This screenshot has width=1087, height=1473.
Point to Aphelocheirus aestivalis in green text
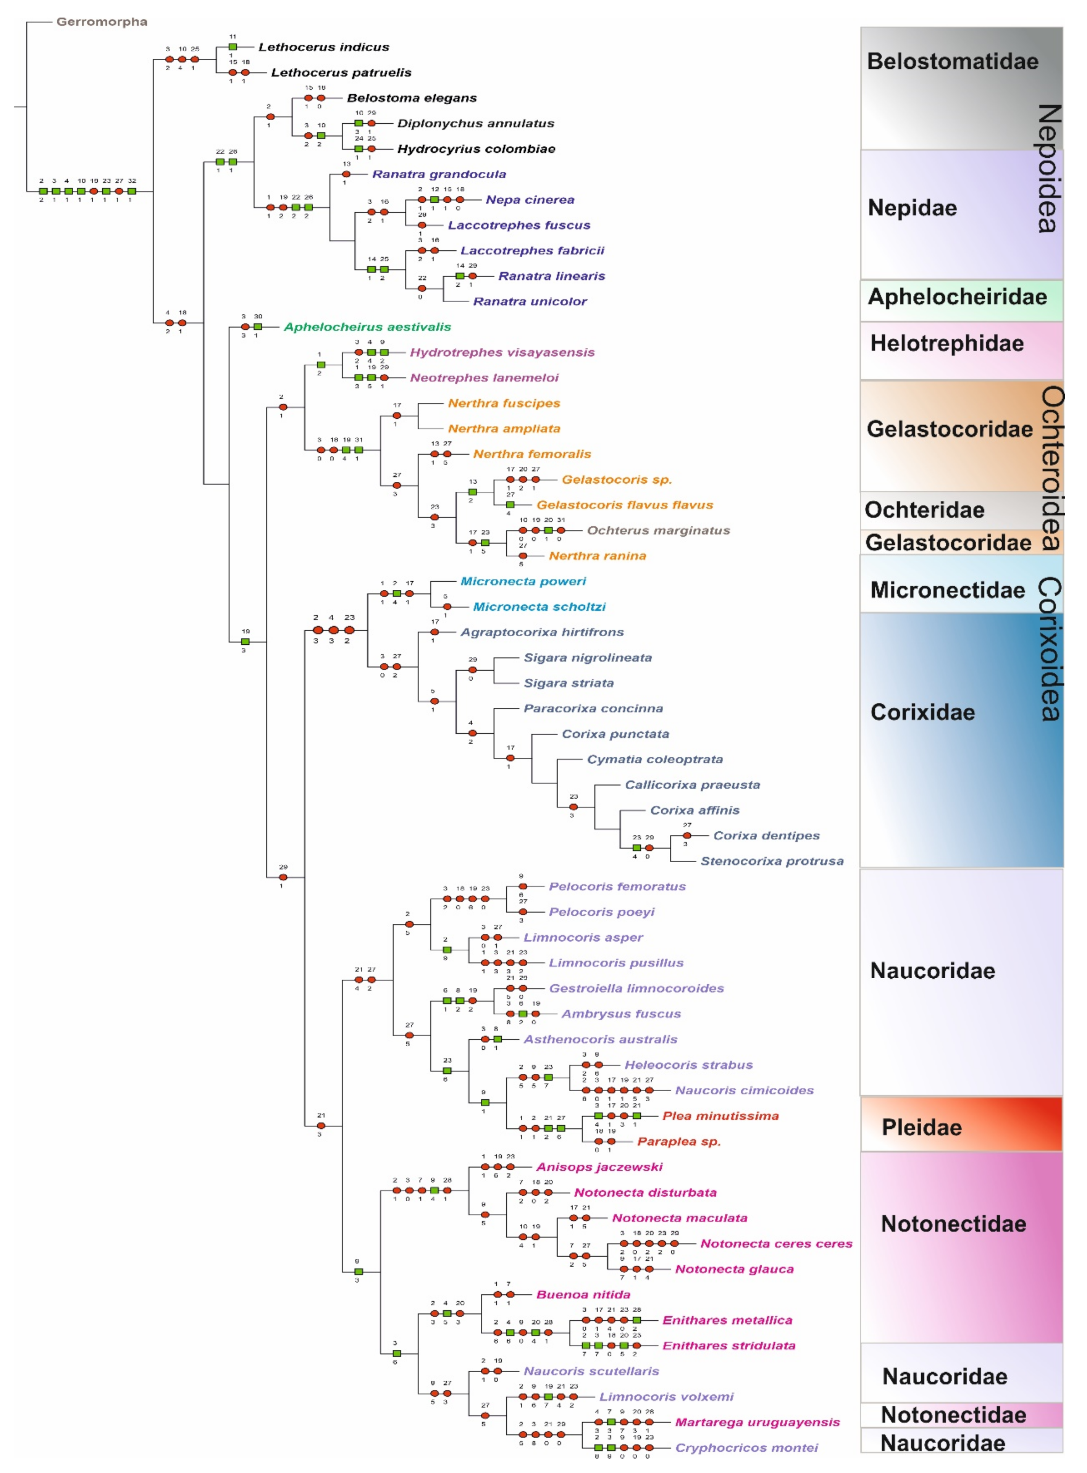click(x=367, y=327)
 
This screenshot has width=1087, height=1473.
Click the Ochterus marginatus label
click(x=658, y=530)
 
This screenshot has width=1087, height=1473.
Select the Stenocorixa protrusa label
click(x=771, y=861)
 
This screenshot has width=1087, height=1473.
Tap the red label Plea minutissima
click(x=720, y=1116)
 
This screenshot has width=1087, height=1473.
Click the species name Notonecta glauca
click(x=734, y=1269)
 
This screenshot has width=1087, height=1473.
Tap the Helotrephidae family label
click(x=947, y=344)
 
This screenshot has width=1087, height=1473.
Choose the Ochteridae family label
click(x=924, y=510)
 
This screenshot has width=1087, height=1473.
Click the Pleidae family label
click(x=921, y=1128)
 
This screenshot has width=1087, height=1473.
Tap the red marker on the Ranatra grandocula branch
click(x=346, y=174)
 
